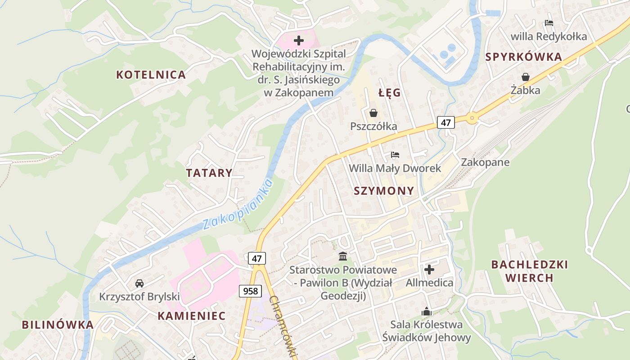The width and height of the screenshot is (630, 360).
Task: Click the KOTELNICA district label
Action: (x=151, y=75)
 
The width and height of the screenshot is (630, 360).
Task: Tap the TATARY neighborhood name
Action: (x=209, y=173)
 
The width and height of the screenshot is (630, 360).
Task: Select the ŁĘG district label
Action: (x=389, y=93)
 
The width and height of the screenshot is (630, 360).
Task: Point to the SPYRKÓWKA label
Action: (x=524, y=57)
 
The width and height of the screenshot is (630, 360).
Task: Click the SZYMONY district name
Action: (x=384, y=191)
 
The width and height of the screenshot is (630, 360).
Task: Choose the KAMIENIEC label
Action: (x=191, y=316)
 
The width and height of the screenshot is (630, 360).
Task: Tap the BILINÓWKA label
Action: (x=58, y=324)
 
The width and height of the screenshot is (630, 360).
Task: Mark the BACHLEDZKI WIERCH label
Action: (x=529, y=271)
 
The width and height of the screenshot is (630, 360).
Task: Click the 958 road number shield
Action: (x=250, y=291)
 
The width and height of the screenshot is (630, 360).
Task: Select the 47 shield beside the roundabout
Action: (x=445, y=122)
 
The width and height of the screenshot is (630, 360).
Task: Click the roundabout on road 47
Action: (x=472, y=118)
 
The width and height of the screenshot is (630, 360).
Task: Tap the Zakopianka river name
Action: (x=238, y=205)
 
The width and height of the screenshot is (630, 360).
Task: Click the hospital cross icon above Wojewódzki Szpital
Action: (x=298, y=41)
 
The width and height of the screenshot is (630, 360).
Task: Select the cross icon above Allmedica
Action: (x=429, y=270)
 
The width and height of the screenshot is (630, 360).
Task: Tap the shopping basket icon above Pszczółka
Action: (x=373, y=113)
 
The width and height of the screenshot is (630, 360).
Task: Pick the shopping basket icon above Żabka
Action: (x=525, y=77)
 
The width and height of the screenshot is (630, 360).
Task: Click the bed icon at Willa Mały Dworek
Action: (x=395, y=155)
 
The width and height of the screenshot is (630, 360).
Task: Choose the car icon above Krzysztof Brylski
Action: (x=139, y=283)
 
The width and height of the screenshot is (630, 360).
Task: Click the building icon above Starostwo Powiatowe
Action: (x=343, y=256)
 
